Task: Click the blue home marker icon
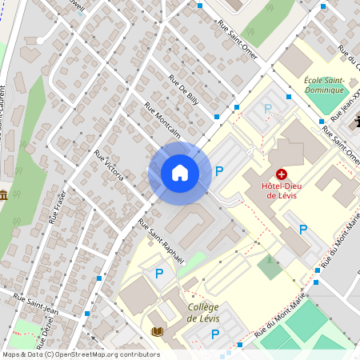179,172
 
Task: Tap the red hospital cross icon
282,174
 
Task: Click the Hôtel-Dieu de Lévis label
282,190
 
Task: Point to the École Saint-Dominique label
324,85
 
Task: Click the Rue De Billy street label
183,90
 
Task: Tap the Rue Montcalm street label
162,119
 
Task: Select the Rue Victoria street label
109,165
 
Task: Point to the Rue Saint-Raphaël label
161,241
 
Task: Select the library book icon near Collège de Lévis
157,331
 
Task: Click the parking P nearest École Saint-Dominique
268,108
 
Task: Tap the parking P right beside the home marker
219,170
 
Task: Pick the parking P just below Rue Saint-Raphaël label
158,274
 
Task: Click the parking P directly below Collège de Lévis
214,334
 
